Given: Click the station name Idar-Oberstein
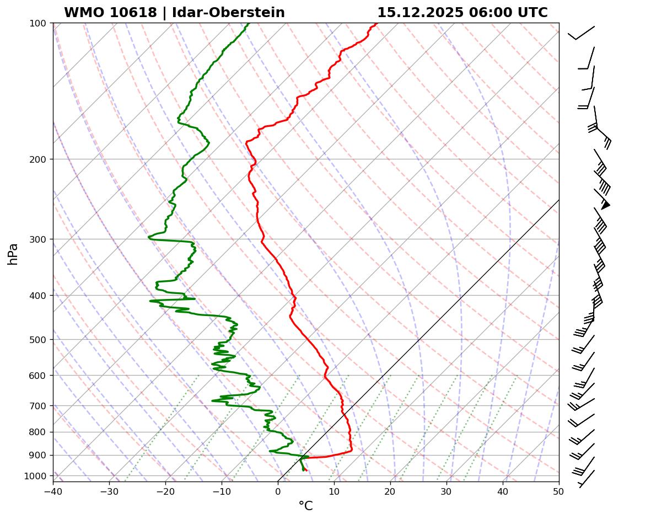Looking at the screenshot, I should click(x=228, y=13).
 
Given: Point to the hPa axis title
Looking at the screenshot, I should click(x=13, y=254).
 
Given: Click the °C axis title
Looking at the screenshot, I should click(x=305, y=506).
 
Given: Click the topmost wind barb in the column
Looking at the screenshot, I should click(x=582, y=33).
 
